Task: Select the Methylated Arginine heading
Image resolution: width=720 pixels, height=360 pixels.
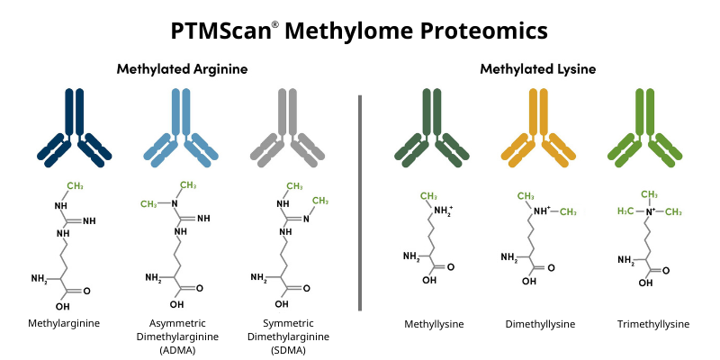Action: (183, 68)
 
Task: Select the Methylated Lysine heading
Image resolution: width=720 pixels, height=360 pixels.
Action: (537, 68)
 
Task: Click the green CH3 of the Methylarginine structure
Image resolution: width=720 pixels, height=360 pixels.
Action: (75, 186)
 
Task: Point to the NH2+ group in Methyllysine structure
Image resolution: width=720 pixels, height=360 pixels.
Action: (444, 211)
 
